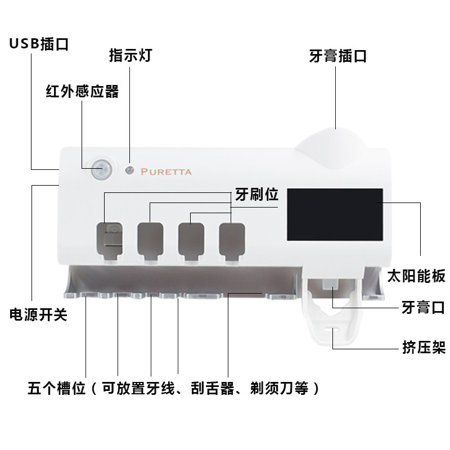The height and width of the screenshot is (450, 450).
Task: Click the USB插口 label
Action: [x=39, y=44]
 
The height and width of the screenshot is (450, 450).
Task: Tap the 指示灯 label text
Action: [x=130, y=55]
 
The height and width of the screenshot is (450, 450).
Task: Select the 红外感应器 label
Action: [x=82, y=92]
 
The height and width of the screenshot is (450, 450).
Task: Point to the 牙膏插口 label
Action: [x=338, y=56]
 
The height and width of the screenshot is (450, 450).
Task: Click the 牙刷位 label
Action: [x=257, y=195]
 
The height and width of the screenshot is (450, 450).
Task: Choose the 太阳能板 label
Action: [x=416, y=276]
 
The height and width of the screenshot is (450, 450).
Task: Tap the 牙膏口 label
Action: [x=424, y=307]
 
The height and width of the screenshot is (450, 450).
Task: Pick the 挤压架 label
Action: [x=424, y=348]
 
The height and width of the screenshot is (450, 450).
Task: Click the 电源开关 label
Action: [x=38, y=314]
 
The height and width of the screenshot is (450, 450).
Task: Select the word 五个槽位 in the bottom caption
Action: [x=57, y=388]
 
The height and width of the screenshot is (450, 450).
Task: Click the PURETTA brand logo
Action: [x=166, y=172]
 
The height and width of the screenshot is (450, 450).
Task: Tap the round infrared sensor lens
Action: [x=101, y=169]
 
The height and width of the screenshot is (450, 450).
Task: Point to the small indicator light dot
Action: [x=130, y=170]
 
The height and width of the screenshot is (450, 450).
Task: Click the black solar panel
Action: [x=335, y=215]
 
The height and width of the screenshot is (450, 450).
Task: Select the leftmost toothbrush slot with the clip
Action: [x=110, y=241]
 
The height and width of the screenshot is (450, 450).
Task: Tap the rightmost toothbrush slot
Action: [x=232, y=241]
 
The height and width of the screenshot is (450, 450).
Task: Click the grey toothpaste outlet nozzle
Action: [x=329, y=285]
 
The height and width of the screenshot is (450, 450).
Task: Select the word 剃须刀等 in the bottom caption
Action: [x=279, y=388]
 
